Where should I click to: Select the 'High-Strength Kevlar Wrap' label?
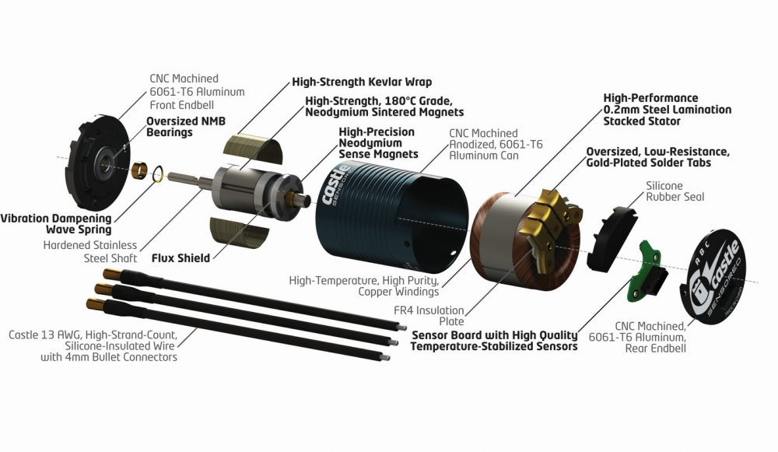tap(362, 81)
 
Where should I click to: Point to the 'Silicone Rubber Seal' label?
tap(675, 191)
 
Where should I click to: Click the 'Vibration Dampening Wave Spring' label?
tap(55, 224)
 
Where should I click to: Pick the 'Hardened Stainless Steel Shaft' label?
tap(91, 251)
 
